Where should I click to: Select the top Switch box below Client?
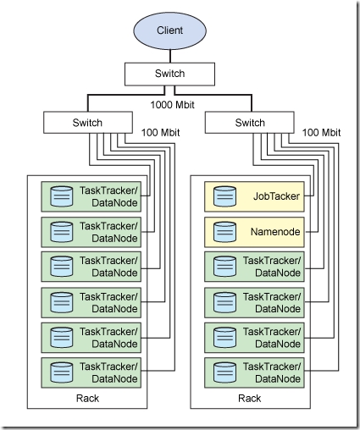(x=169, y=74)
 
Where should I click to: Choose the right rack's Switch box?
(x=250, y=124)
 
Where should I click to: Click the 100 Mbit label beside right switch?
(x=322, y=133)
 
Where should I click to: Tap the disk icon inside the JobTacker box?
(x=224, y=196)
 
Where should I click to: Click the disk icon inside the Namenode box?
(x=224, y=231)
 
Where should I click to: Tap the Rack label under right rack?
(x=249, y=398)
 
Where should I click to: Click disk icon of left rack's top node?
(x=61, y=196)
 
